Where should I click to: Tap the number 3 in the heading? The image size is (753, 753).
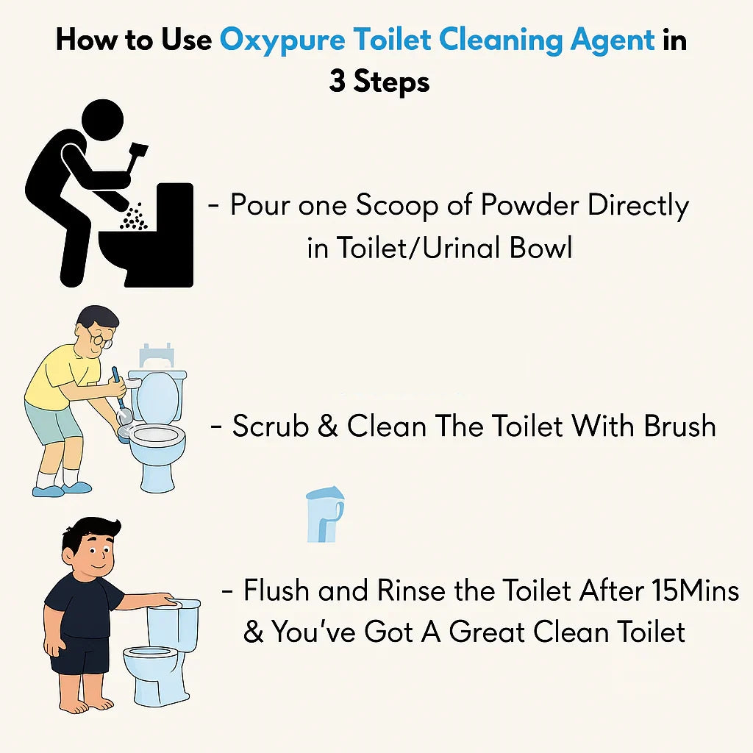[337, 82]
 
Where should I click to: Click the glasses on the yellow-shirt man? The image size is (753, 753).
[101, 338]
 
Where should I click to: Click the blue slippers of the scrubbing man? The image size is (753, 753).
[63, 487]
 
